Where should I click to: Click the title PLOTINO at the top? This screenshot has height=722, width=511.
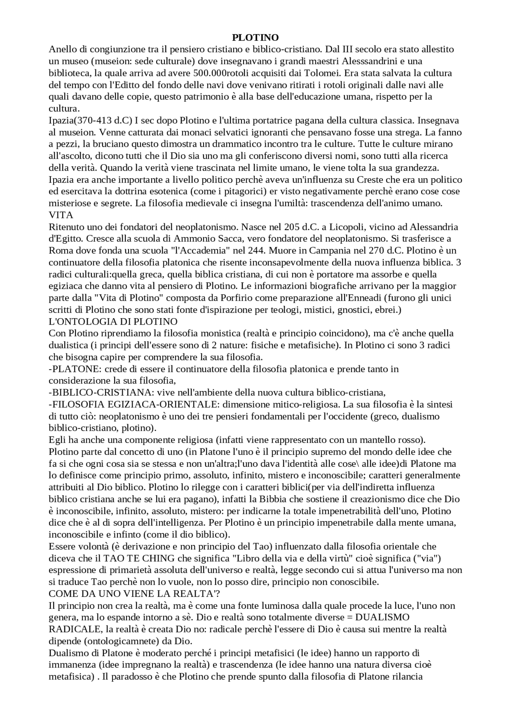coord(255,38)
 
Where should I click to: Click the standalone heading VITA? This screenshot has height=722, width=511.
coord(61,215)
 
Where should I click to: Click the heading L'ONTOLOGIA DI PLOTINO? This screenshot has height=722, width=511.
coord(113,321)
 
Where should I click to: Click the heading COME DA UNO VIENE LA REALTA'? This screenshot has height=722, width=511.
coord(134,593)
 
